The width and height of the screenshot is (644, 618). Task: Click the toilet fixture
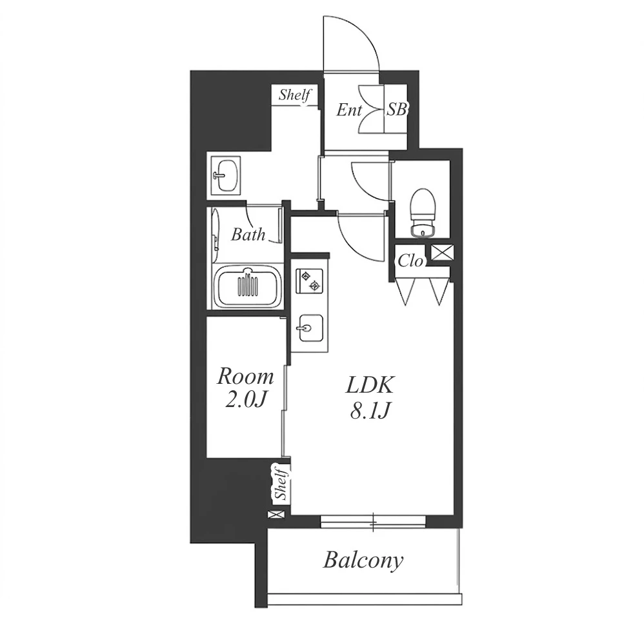pyautogui.click(x=422, y=213)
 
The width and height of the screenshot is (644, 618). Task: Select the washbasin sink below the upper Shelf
pyautogui.click(x=225, y=175)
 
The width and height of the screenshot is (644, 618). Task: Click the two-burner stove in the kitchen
pyautogui.click(x=309, y=281)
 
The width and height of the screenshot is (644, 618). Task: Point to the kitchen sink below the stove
pyautogui.click(x=310, y=328)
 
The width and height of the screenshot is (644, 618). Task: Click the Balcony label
pyautogui.click(x=363, y=561)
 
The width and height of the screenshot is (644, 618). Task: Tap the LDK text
pyautogui.click(x=370, y=385)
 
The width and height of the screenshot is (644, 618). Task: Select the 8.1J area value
pyautogui.click(x=370, y=411)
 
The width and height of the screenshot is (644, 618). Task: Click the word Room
pyautogui.click(x=245, y=376)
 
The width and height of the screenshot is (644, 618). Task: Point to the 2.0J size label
pyautogui.click(x=247, y=399)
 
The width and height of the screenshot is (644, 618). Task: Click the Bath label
pyautogui.click(x=248, y=234)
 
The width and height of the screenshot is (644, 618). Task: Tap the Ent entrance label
pyautogui.click(x=349, y=110)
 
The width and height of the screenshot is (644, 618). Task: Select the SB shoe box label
pyautogui.click(x=397, y=110)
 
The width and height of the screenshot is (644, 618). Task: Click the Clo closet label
pyautogui.click(x=410, y=261)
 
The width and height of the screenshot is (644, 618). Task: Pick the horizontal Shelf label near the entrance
pyautogui.click(x=294, y=95)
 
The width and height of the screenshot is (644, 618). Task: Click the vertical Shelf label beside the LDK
pyautogui.click(x=282, y=483)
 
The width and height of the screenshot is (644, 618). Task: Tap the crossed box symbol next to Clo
pyautogui.click(x=442, y=252)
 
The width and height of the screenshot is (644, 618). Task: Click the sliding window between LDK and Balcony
pyautogui.click(x=373, y=522)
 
